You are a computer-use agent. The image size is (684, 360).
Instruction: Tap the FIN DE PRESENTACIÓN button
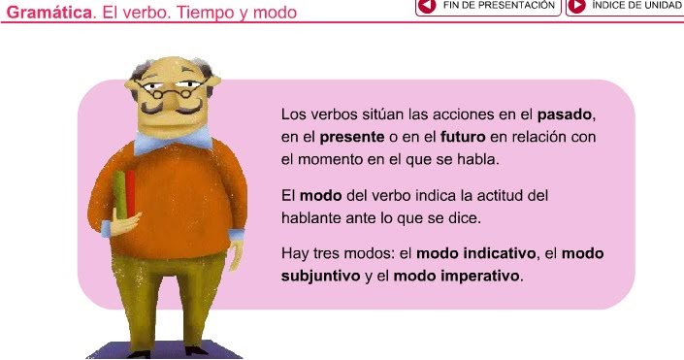tap(490, 6)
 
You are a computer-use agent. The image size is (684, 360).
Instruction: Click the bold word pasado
tap(564, 115)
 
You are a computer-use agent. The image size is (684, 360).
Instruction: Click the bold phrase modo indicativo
tap(476, 253)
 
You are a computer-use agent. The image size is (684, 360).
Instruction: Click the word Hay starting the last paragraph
tap(294, 253)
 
